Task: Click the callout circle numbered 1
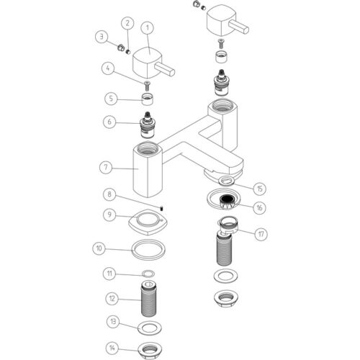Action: pyautogui.click(x=148, y=28)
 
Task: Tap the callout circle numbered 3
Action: pyautogui.click(x=102, y=37)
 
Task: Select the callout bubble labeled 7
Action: pyautogui.click(x=106, y=167)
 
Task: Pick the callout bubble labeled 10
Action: pyautogui.click(x=99, y=248)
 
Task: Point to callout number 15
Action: pyautogui.click(x=260, y=189)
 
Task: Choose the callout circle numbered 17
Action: pyautogui.click(x=261, y=234)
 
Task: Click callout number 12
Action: pyautogui.click(x=112, y=299)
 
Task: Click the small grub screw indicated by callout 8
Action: pyautogui.click(x=162, y=208)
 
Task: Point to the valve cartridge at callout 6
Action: pyautogui.click(x=147, y=125)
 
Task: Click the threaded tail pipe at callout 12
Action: pyautogui.click(x=148, y=299)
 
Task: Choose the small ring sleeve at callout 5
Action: pyautogui.click(x=148, y=99)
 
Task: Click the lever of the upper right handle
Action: pyautogui.click(x=239, y=27)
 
